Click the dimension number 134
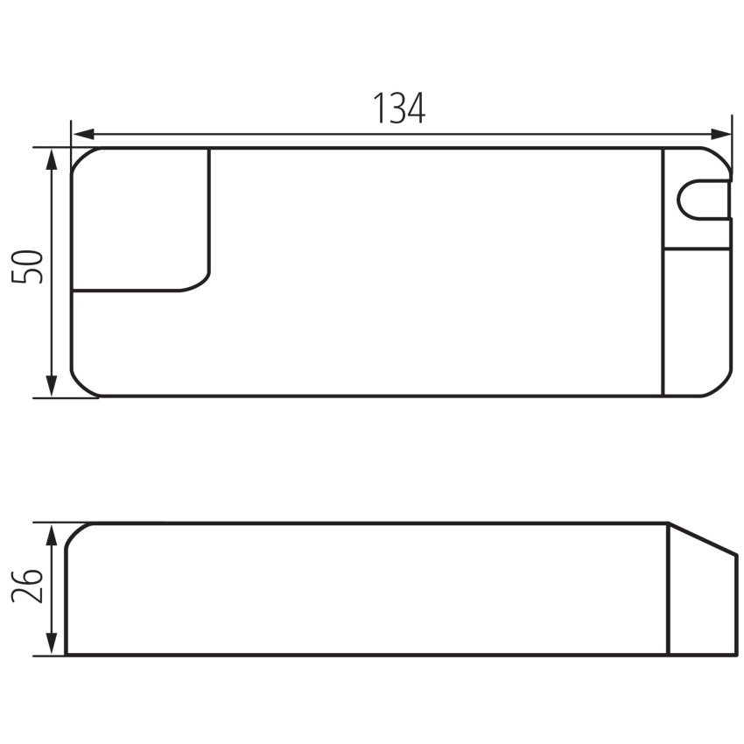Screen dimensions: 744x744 (399, 109)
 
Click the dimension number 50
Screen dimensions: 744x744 (27, 267)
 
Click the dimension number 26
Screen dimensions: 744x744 (27, 585)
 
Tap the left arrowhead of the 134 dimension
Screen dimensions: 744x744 (84, 134)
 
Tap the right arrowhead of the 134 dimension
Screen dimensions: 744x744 (720, 134)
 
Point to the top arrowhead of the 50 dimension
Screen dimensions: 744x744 (52, 159)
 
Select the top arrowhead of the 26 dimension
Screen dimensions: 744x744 (52, 535)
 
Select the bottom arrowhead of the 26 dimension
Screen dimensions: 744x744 (52, 644)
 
